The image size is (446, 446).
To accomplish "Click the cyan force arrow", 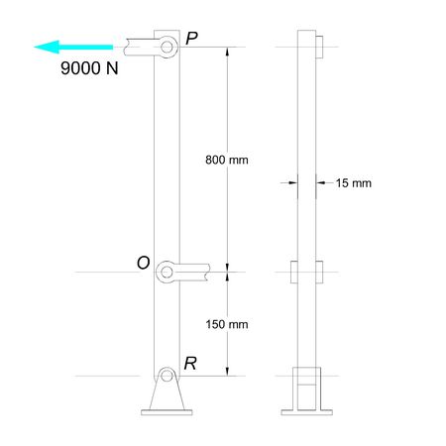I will tap(69, 46).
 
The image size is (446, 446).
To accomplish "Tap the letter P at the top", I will tap(192, 38).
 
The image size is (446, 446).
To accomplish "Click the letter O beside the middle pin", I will tap(144, 263).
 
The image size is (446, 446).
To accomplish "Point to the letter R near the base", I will tap(190, 364).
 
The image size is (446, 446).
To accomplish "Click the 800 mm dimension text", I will tap(224, 160).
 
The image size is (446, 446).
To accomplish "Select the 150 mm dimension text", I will tap(224, 324).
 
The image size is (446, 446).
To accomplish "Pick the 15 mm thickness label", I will tap(353, 183).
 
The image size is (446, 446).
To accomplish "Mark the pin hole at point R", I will tap(167, 377).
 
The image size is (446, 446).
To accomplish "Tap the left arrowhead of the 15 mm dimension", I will tap(293, 182).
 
